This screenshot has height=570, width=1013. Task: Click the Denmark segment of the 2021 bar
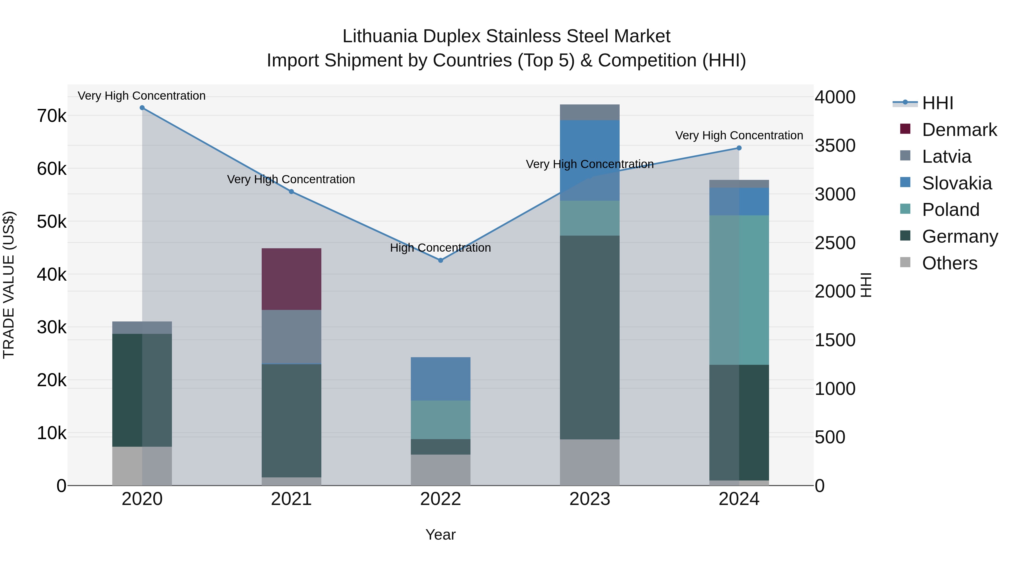pos(292,279)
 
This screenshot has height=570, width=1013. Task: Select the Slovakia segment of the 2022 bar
pos(440,379)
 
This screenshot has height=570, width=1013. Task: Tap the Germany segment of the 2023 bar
pos(590,337)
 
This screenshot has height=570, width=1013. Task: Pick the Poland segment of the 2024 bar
pos(739,290)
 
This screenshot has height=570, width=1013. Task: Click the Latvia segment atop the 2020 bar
pos(142,327)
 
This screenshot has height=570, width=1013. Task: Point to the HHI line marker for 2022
pos(440,260)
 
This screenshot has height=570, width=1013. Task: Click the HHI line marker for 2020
pos(142,108)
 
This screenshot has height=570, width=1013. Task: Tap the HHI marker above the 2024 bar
pos(739,148)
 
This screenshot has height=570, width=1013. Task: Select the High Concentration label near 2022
pos(440,248)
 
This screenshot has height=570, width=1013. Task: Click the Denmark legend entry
pos(959,130)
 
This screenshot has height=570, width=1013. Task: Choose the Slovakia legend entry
pos(956,183)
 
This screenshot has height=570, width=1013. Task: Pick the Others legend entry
pos(949,263)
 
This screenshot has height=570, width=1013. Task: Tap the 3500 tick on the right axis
pos(835,146)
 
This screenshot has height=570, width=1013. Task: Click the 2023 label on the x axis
pos(590,499)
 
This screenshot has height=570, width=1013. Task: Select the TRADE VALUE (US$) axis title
pos(9,285)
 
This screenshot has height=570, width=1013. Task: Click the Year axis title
pos(440,535)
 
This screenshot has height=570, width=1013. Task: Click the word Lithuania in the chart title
pos(380,36)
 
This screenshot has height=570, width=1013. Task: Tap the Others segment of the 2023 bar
pos(590,462)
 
